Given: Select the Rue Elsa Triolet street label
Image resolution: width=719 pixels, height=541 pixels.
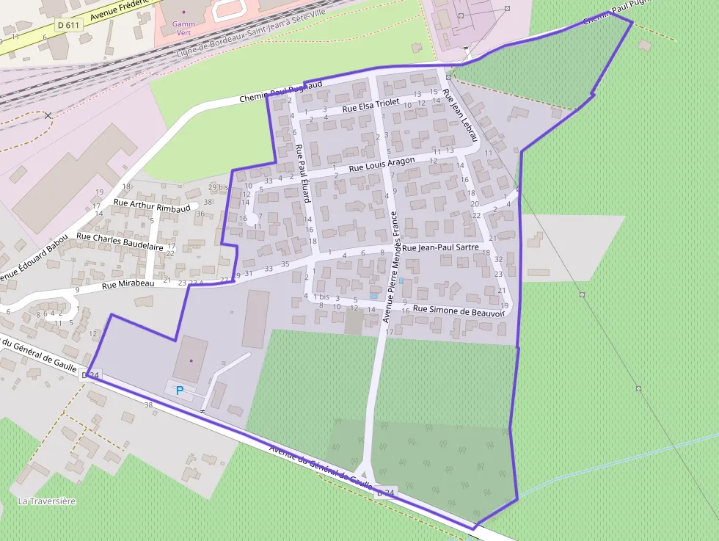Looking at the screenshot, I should [x=370, y=106].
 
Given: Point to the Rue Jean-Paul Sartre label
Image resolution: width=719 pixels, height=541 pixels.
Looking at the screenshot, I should [x=440, y=248].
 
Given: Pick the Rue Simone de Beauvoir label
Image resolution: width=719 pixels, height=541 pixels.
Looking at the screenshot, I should [x=459, y=311].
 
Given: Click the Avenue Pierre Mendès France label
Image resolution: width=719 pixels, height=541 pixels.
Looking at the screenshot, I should [x=390, y=267].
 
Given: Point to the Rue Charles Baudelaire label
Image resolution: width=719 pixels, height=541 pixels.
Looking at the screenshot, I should [x=120, y=242].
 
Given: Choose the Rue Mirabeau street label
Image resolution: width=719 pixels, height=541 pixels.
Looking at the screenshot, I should [x=128, y=283].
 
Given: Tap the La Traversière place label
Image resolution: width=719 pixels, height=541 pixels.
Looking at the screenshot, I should [x=46, y=501].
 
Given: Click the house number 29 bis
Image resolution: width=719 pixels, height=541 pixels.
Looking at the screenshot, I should [x=218, y=187].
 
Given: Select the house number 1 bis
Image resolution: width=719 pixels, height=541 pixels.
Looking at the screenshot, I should [x=321, y=297].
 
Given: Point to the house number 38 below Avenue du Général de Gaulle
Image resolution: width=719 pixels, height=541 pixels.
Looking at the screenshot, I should [x=148, y=404].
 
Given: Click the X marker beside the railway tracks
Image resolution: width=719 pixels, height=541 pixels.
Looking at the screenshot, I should [x=48, y=115].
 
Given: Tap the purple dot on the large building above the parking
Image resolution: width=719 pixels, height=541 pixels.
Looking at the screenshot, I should [x=191, y=360].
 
